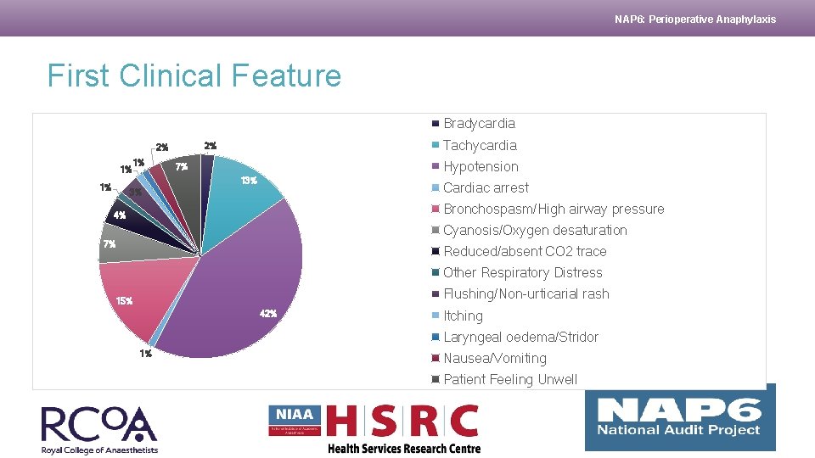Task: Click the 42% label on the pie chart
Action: point(267,314)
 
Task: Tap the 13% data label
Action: point(248,181)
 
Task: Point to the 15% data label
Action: point(123,301)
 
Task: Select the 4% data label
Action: point(120,215)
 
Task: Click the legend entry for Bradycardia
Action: point(479,124)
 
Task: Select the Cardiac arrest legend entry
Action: point(485,187)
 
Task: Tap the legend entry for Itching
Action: point(463,316)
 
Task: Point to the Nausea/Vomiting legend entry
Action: point(494,358)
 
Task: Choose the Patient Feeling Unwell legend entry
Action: point(509,379)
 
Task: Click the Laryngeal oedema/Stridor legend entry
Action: point(520,337)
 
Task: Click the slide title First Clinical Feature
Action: point(194,76)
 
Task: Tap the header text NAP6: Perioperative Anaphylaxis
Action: point(694,19)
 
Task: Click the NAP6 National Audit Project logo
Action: point(679,417)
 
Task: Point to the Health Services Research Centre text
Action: point(404,449)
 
